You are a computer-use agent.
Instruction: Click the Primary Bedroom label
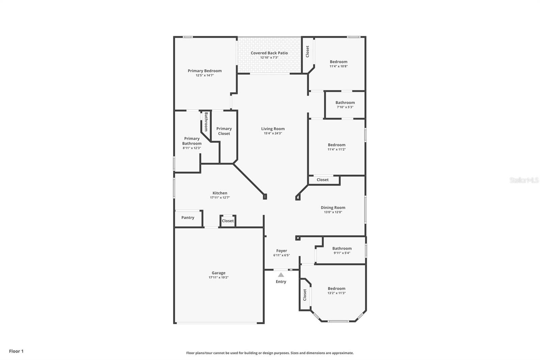205,71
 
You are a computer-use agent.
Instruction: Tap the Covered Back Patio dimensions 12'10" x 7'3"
269,57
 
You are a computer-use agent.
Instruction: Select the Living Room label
273,129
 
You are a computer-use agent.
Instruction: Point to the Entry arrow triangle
281,275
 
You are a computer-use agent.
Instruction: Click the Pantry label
188,217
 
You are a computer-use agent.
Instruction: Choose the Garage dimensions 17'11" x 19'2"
218,278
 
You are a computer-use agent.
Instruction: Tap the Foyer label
281,251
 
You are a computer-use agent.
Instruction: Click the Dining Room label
333,208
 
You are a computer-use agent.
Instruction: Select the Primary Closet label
224,131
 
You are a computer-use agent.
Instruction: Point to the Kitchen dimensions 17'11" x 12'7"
220,198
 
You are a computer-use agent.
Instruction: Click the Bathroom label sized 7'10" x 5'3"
345,103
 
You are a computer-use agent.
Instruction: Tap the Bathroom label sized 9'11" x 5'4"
342,248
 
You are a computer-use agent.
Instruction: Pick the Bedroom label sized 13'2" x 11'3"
336,288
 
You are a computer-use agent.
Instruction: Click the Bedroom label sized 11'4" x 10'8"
339,62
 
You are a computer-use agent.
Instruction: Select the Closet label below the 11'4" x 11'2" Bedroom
323,180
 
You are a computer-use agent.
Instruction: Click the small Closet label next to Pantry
227,221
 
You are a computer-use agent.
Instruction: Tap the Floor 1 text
16,351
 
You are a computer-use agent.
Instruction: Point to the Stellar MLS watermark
524,180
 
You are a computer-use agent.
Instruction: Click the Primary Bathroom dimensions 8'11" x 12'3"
192,148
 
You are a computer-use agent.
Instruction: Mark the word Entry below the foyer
281,282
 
